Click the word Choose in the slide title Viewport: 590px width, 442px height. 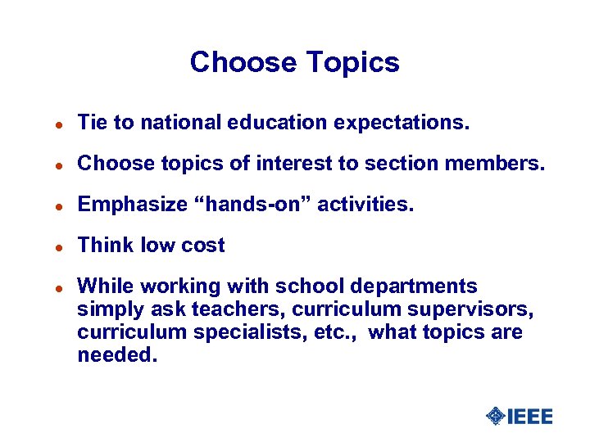240,63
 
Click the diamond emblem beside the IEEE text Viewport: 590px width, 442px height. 496,417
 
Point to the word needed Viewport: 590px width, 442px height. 117,354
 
